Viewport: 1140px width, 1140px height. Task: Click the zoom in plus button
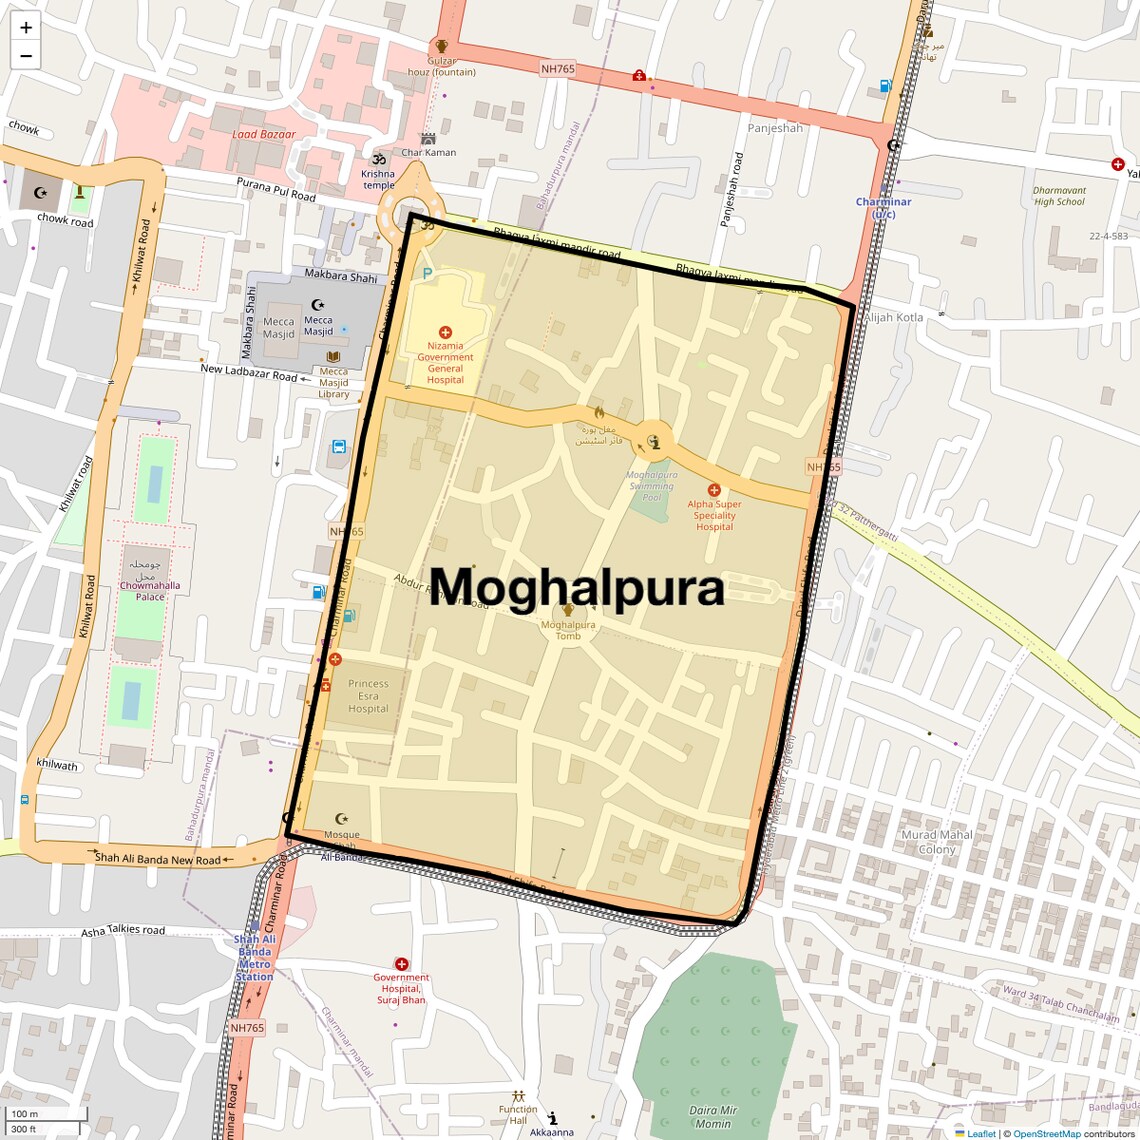tap(26, 28)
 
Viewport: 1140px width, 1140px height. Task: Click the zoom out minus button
tap(26, 56)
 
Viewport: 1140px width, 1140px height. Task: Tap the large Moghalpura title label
tap(577, 588)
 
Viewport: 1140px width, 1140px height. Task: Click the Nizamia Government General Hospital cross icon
tap(445, 332)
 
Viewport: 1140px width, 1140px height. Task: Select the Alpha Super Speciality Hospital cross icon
tap(714, 490)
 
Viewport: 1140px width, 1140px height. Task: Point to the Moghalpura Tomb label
tap(568, 630)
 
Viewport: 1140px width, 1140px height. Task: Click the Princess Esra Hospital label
tap(368, 696)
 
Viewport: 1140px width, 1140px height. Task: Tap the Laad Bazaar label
tap(264, 134)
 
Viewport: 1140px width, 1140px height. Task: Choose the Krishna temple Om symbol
tap(379, 159)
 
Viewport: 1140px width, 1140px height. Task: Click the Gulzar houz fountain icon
tap(441, 45)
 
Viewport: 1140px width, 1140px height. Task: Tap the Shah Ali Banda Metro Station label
tap(254, 958)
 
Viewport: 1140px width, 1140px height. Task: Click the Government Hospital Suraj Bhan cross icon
tap(401, 964)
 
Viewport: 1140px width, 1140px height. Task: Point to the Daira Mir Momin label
tap(713, 1117)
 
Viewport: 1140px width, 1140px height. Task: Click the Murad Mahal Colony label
tap(937, 842)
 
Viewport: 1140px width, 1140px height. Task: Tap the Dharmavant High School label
tap(1059, 196)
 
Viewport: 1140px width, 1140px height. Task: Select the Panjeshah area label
tap(775, 128)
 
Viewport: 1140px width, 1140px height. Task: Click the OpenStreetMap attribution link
tap(1047, 1134)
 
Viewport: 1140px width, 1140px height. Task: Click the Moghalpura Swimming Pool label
tap(652, 486)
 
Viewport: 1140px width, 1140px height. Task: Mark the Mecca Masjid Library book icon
tap(334, 357)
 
